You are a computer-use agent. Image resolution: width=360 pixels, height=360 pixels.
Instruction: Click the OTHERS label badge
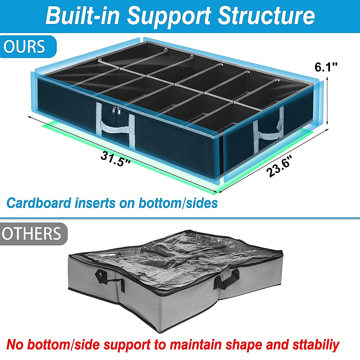[x=31, y=234]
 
